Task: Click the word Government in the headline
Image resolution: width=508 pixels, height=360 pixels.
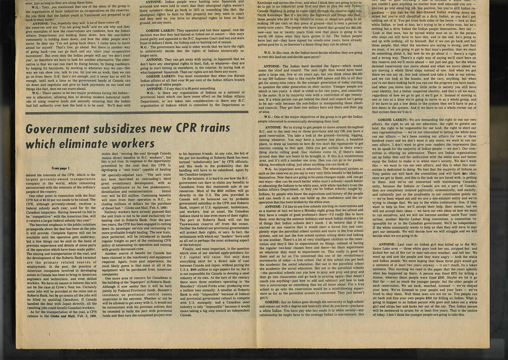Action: [57, 129]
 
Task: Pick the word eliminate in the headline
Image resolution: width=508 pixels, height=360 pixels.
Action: [94, 144]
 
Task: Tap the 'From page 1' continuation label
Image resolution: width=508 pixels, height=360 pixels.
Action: [60, 168]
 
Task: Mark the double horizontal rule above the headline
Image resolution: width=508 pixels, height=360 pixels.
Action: [140, 113]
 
